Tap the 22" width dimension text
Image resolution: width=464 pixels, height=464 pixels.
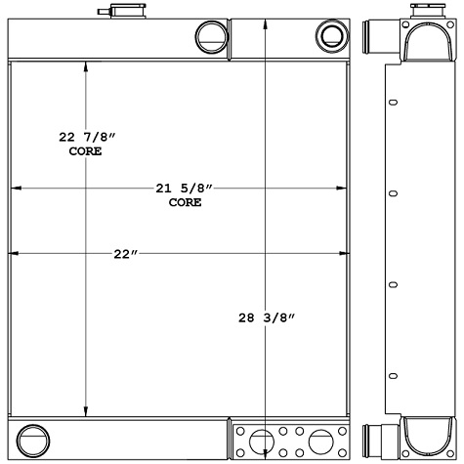coord(124,254)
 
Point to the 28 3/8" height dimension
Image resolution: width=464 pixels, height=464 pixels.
coord(266,316)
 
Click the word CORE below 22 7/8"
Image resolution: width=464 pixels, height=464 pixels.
coord(85,152)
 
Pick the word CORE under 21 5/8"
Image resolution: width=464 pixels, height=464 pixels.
coord(185,203)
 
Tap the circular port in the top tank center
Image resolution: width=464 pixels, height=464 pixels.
coord(210,38)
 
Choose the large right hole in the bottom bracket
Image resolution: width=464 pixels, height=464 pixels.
coord(320,441)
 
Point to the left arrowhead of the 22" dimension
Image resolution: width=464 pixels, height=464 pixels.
coord(13,254)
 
